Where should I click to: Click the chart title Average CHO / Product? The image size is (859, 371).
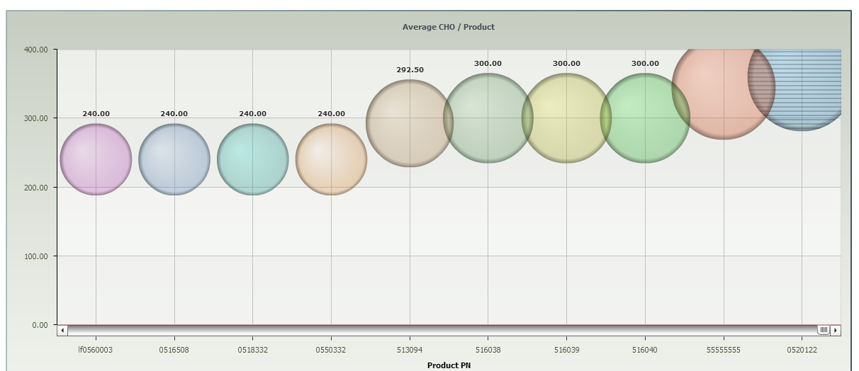pos(448,27)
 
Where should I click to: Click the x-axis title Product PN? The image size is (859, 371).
pos(449,365)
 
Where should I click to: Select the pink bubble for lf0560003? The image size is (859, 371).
pos(96,159)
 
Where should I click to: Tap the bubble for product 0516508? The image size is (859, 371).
pos(174,159)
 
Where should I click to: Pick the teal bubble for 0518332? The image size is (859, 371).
pos(252,159)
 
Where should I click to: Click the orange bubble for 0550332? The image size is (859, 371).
pos(331,159)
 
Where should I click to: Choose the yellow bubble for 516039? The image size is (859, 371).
pos(566,118)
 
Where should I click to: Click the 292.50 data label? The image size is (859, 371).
pos(410,70)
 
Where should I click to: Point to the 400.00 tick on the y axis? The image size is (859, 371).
pos(35,50)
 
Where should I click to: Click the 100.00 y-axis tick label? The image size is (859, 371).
pos(35,256)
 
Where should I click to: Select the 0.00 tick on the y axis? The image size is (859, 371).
pos(40,325)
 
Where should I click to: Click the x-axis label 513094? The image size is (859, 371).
pos(409,350)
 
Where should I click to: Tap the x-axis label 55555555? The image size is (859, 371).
pos(723,350)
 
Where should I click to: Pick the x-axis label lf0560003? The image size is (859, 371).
pos(96,350)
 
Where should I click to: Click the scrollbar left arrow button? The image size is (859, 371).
pos(62,330)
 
